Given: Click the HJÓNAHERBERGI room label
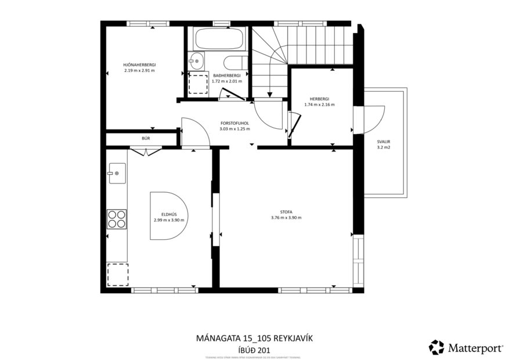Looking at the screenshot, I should (139, 64).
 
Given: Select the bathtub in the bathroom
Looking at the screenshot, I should (218, 39).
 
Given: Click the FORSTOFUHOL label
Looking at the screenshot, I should (234, 123).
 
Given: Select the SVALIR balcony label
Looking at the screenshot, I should (383, 141).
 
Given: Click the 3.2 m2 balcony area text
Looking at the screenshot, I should (383, 147).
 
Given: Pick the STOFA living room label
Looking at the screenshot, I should (286, 212).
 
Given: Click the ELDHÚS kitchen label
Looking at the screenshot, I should (169, 215).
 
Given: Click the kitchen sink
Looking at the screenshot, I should (117, 172).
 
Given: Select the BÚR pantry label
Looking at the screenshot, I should (146, 139).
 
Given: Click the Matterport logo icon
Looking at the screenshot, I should (436, 347).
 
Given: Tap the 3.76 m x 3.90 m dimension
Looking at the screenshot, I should (286, 218).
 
